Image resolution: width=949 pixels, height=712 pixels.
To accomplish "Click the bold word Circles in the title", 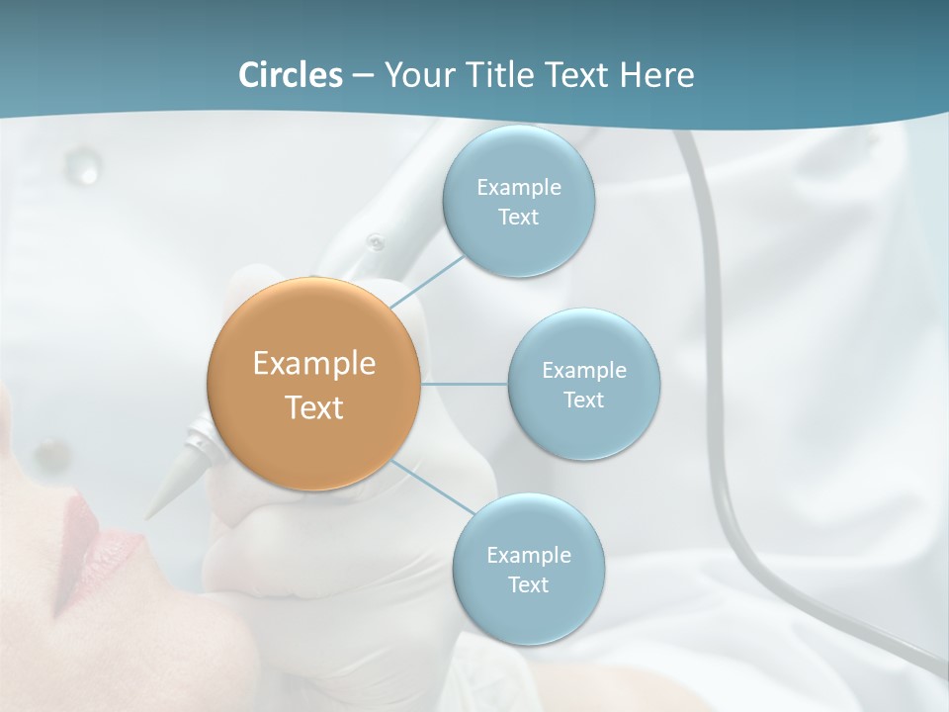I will point(290,75).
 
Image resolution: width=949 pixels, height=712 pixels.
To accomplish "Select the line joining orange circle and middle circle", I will point(465,384).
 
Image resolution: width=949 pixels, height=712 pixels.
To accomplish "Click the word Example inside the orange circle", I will point(314,364).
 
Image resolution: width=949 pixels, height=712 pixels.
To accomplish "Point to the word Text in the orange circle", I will point(314,407).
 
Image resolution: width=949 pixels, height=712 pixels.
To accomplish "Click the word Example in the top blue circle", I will point(518,187).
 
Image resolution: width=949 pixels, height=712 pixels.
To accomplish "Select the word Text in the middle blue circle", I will point(584,400).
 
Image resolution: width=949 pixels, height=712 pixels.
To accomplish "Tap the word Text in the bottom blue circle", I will point(528,584).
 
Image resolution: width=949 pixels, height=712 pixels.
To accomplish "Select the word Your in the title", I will point(415,75).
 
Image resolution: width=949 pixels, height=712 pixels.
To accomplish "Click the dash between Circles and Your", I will point(362,76).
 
